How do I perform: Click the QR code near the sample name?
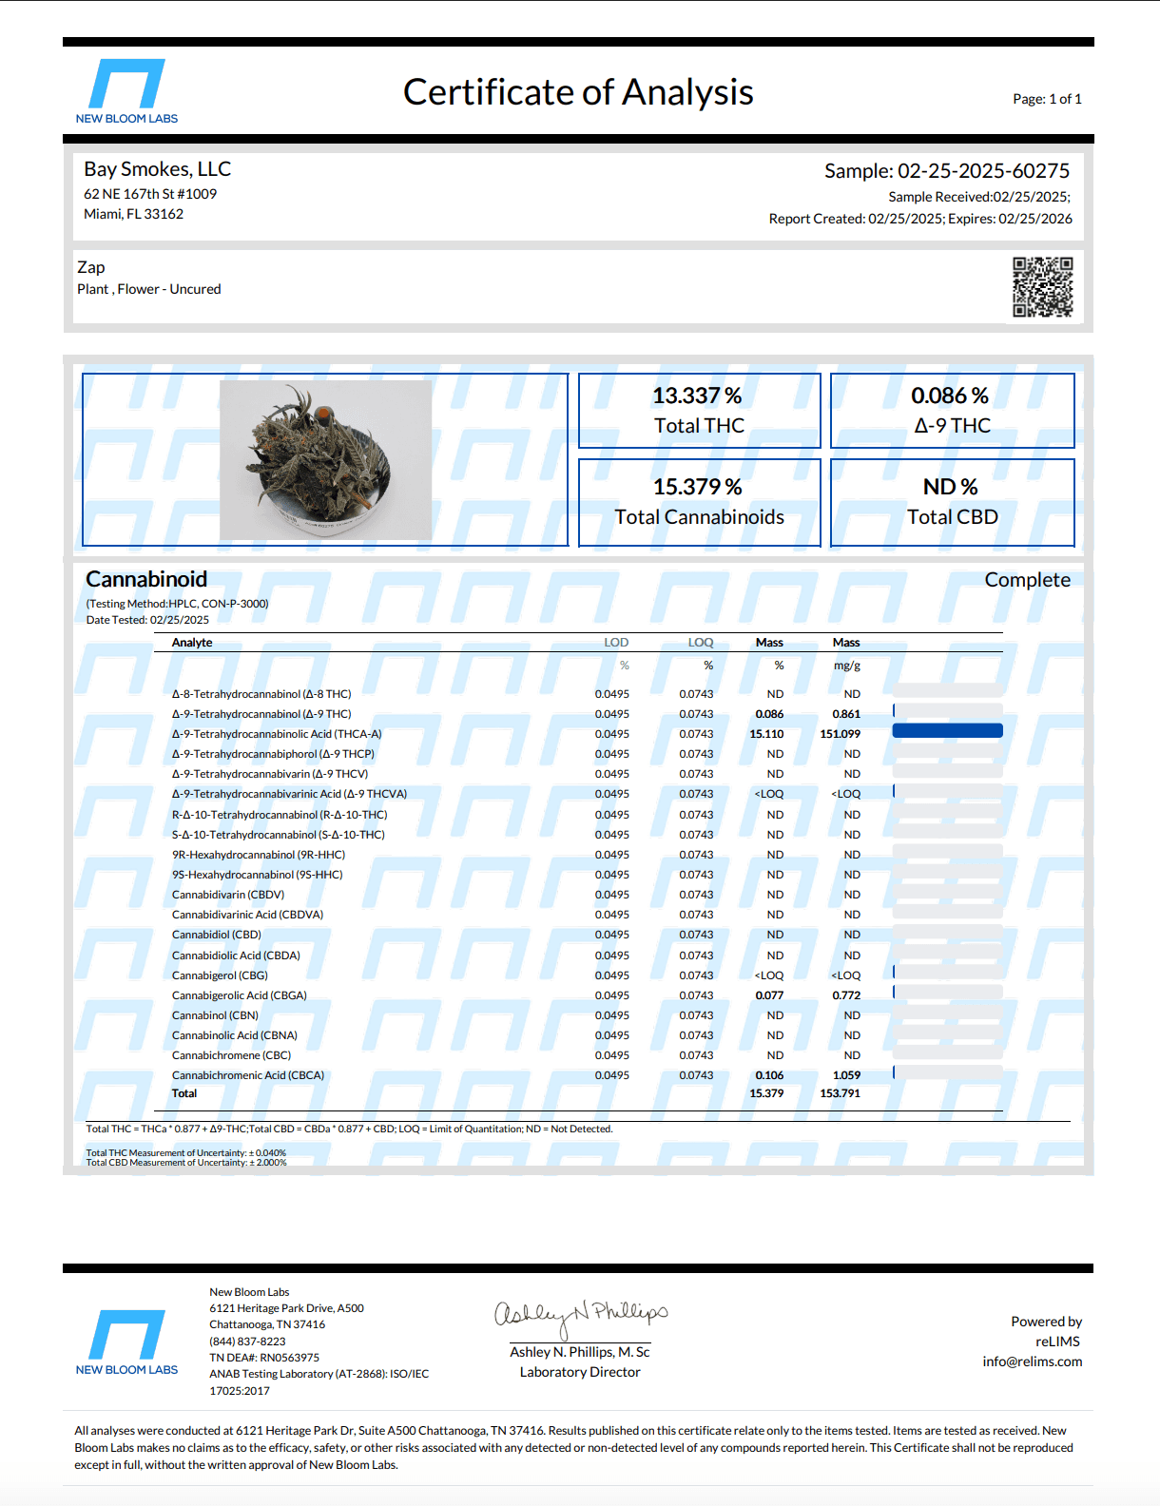point(1042,286)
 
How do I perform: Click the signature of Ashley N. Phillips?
point(580,1315)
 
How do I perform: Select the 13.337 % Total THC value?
point(697,396)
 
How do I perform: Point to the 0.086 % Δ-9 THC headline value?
point(950,396)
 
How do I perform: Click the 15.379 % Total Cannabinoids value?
point(697,487)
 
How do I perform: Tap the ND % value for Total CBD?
point(950,487)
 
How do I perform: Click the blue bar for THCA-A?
point(947,731)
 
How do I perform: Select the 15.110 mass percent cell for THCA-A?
point(766,734)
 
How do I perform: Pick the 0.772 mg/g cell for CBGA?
point(846,995)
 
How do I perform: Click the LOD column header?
point(616,643)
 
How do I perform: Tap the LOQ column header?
point(701,643)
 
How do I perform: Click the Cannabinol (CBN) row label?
point(215,1015)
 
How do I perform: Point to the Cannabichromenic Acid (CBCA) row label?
point(248,1075)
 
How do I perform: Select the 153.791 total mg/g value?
point(840,1093)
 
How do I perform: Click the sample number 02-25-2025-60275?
point(983,171)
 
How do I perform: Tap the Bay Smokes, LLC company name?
point(158,169)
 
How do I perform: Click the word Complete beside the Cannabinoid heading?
point(1027,580)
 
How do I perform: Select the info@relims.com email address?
point(1032,1361)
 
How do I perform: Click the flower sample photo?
point(325,460)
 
